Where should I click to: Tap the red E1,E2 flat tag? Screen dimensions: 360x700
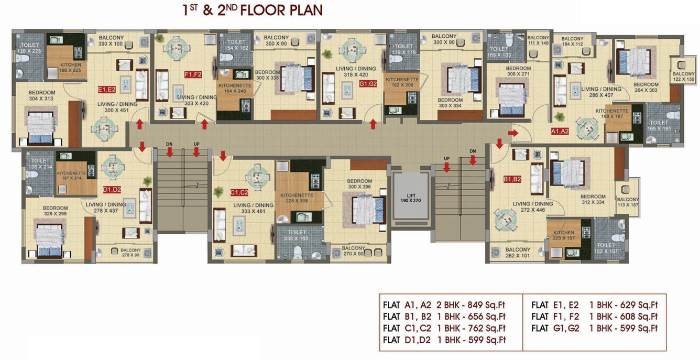click(x=107, y=90)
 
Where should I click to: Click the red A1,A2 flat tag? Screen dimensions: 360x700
click(x=560, y=132)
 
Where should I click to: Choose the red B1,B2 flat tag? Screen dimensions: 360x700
click(x=512, y=179)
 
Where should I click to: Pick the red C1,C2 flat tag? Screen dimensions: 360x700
click(x=239, y=192)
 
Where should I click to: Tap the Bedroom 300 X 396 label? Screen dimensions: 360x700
click(x=359, y=184)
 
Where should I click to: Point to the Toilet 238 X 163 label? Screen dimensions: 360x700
click(x=297, y=235)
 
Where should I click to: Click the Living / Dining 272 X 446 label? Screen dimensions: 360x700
click(x=533, y=206)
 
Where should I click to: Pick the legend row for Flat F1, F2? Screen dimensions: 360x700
click(x=594, y=317)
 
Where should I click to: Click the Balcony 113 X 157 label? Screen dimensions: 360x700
click(x=628, y=202)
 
